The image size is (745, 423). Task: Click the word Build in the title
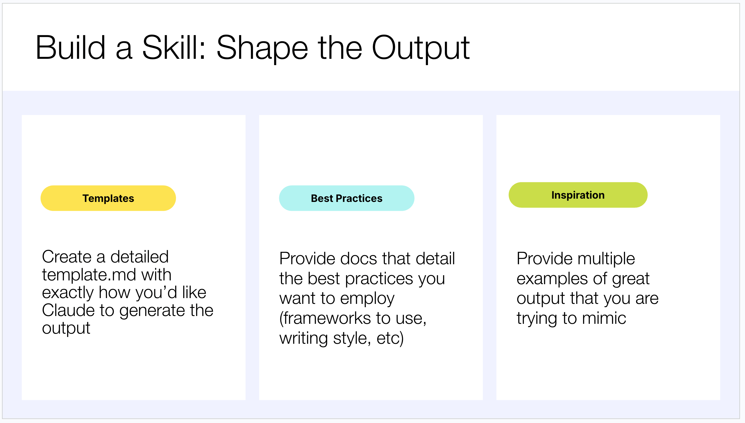pos(70,47)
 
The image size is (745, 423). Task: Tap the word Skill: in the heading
pos(174,47)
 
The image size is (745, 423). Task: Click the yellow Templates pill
pos(108,198)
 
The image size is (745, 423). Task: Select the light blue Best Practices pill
pos(347,198)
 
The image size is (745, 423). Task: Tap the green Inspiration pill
pos(578,195)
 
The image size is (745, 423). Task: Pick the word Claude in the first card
pos(69,310)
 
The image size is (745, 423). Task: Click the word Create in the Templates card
pos(67,257)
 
